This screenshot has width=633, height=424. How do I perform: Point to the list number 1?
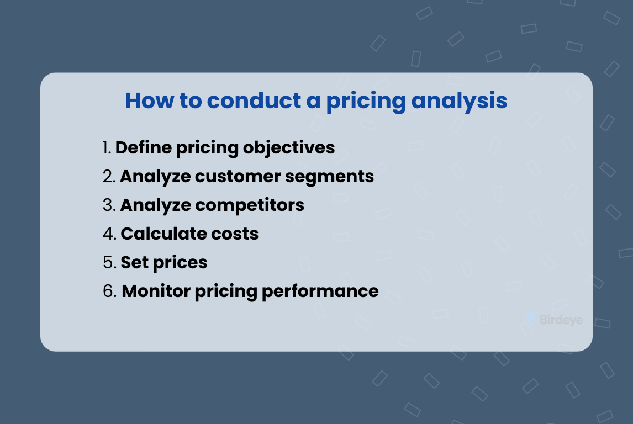coord(107,148)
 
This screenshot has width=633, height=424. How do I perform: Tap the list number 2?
coord(109,177)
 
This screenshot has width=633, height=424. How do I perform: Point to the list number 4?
coord(109,234)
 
